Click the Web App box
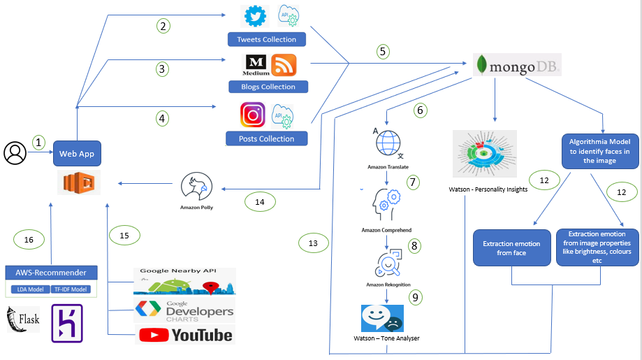tap(76, 154)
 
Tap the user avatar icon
tap(14, 152)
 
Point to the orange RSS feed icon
tap(284, 65)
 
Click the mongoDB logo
tap(517, 66)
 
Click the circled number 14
tap(260, 202)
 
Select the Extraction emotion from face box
tap(511, 248)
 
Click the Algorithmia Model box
tap(601, 150)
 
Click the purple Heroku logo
tap(67, 323)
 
